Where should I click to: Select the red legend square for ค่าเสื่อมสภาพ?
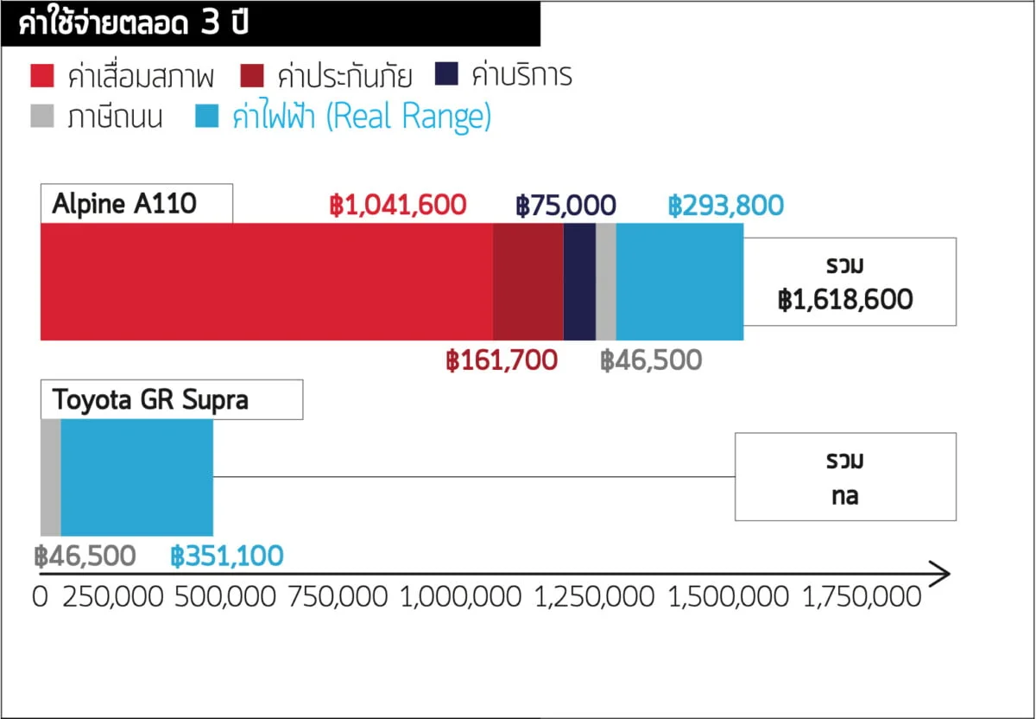[x=42, y=76]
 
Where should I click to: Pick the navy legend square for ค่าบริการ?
[x=446, y=76]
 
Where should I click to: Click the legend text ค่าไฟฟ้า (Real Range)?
[x=362, y=117]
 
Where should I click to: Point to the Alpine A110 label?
[x=125, y=204]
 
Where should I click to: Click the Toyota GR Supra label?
[x=150, y=400]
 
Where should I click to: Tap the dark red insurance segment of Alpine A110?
[x=527, y=282]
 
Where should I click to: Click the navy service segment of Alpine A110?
[x=579, y=282]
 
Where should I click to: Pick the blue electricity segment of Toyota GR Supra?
[x=136, y=477]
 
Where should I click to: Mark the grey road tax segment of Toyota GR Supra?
[x=50, y=477]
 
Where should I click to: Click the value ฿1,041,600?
[x=398, y=206]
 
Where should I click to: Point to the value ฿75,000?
[x=566, y=206]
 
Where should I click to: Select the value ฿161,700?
[x=502, y=360]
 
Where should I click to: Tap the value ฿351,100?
[x=227, y=556]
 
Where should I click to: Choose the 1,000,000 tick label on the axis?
[x=460, y=597]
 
